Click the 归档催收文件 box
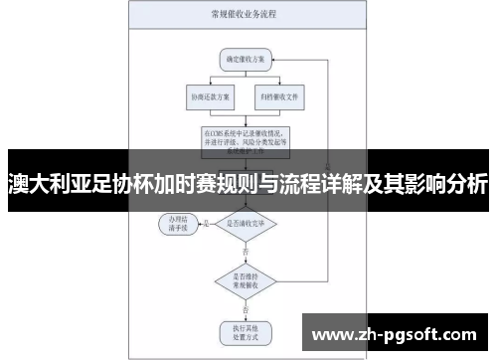(x=279, y=97)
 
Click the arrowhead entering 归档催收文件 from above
(x=279, y=86)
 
